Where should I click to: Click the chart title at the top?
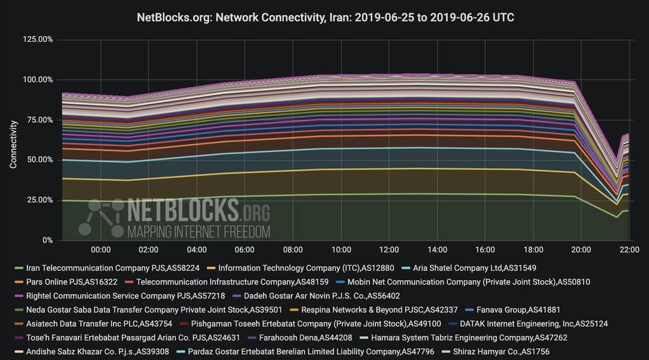click(325, 18)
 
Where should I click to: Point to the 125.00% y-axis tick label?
click(38, 39)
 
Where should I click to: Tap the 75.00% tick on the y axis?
click(40, 120)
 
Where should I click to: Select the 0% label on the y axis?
click(47, 240)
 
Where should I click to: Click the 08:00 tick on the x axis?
click(293, 250)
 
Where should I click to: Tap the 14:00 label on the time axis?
click(437, 250)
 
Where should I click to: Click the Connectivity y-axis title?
click(13, 144)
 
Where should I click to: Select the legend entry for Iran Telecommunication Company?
click(107, 268)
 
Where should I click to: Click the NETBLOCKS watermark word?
click(183, 209)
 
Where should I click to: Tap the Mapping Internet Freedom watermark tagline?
click(198, 231)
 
